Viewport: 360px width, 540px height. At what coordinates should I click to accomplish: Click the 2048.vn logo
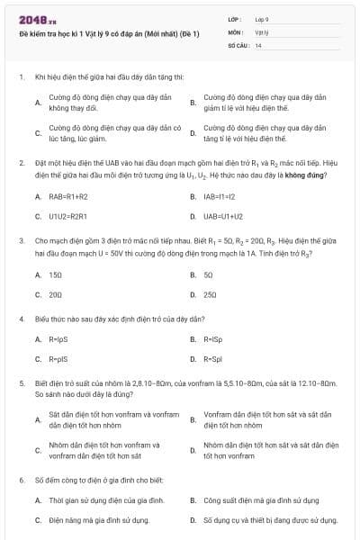[33, 18]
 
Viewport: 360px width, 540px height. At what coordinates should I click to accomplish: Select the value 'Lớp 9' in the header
[263, 18]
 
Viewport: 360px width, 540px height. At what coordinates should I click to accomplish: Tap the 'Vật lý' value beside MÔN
[261, 31]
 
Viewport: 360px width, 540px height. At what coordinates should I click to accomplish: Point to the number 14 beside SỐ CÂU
[258, 44]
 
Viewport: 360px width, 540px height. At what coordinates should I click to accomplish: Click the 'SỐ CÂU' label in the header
[237, 44]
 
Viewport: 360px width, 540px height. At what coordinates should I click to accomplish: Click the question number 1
[21, 77]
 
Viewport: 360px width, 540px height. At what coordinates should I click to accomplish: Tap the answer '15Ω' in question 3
[56, 274]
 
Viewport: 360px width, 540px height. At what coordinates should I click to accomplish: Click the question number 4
[21, 319]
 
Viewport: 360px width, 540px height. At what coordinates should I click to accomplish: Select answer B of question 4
[212, 339]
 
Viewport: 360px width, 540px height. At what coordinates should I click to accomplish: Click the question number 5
[21, 382]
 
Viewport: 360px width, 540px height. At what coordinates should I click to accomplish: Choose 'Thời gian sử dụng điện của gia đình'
[106, 499]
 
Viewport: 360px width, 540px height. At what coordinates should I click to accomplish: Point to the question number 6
[21, 480]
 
